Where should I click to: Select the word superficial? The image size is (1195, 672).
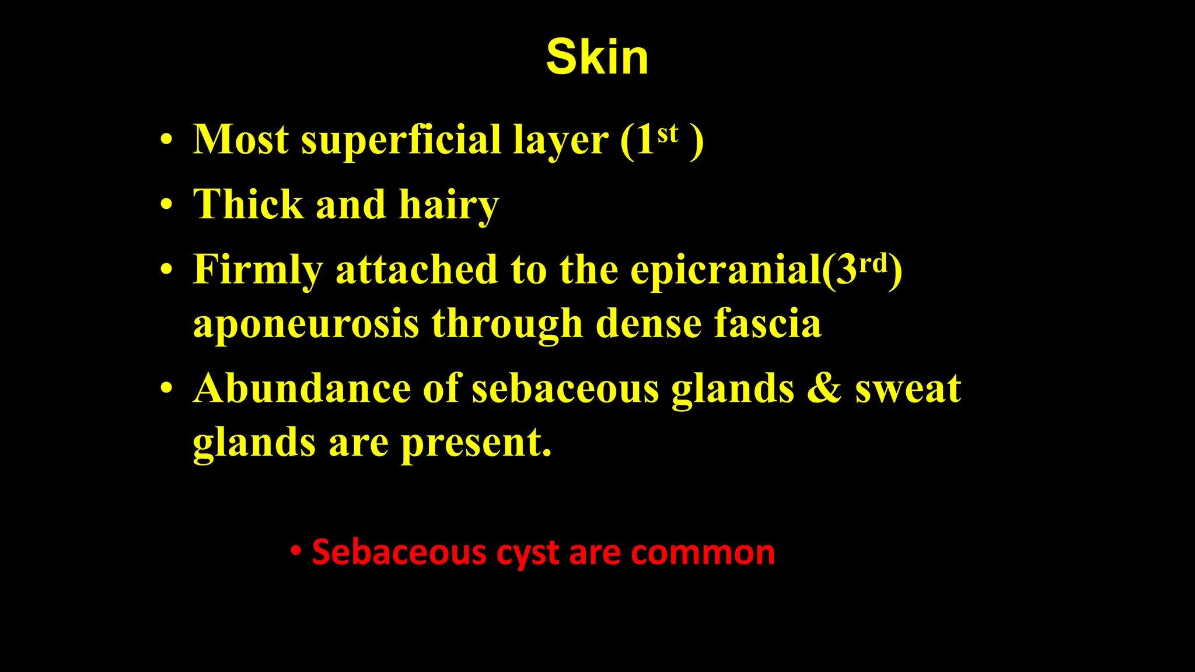[400, 141]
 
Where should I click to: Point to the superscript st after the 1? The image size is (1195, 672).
[668, 134]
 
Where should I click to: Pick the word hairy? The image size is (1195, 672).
[449, 206]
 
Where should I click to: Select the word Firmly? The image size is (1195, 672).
[257, 271]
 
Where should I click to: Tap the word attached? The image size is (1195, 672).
[417, 269]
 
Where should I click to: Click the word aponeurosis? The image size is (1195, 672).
[306, 324]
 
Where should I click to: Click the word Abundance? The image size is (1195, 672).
[302, 388]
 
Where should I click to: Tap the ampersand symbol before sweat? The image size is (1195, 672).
[824, 388]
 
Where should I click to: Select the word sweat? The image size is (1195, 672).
[908, 390]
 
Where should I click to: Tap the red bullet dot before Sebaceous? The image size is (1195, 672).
[296, 551]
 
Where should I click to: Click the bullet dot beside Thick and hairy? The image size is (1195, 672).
[167, 205]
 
